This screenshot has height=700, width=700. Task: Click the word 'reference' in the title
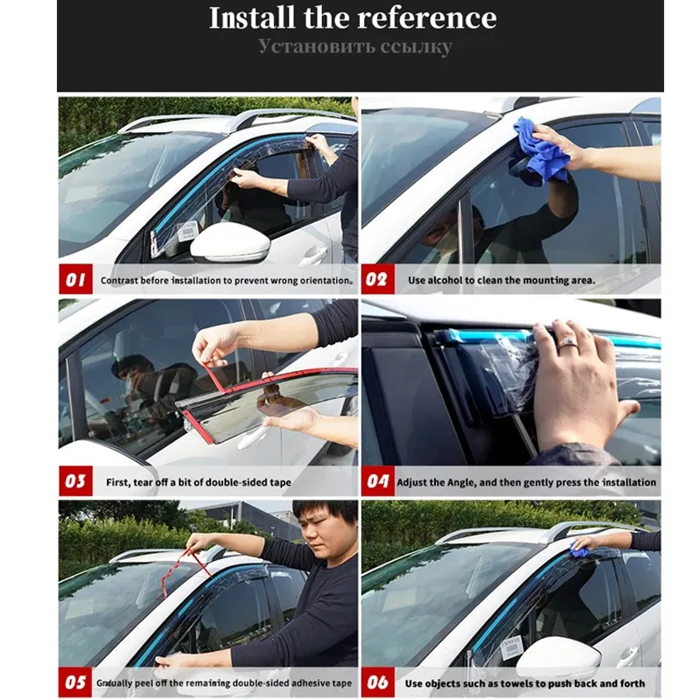point(427,18)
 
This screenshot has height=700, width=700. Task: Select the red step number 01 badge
point(75,279)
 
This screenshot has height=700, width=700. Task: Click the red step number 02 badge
point(378,279)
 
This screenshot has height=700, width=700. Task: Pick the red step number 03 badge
point(75,481)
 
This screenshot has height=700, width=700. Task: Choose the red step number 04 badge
point(378,481)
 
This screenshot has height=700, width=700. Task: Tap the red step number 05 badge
point(75,682)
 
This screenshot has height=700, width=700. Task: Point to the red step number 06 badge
point(378,682)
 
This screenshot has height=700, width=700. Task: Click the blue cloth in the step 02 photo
point(539,152)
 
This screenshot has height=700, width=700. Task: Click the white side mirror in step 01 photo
point(230,244)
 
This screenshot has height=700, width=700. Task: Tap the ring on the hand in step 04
point(568,341)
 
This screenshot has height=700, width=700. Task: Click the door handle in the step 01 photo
point(313,255)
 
